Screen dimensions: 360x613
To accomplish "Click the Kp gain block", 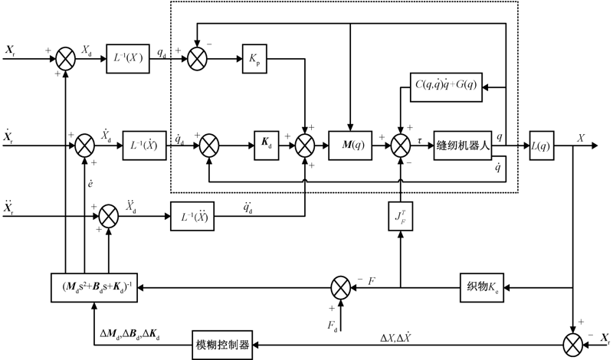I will (x=253, y=58).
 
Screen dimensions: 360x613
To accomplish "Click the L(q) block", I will (x=545, y=142).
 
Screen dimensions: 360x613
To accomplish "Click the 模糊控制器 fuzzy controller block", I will (x=221, y=344).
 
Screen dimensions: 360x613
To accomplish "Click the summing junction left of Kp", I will (x=198, y=58).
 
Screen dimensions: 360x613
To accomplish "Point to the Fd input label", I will (x=333, y=324).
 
